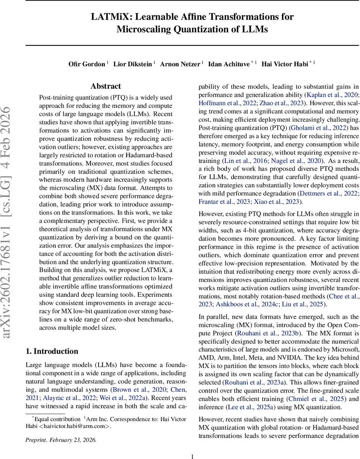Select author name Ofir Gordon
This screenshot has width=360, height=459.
point(86,63)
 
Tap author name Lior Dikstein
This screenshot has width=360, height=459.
point(133,63)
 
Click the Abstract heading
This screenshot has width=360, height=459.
point(105,86)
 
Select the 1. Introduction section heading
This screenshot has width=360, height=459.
point(52,351)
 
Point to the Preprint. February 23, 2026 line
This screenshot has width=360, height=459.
point(61,440)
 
